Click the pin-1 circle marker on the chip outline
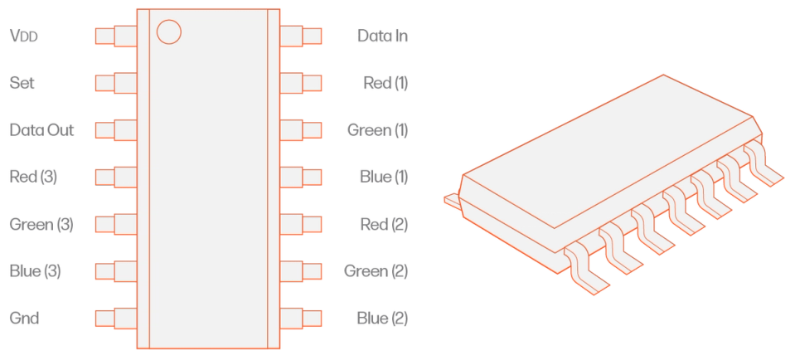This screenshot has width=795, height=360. [x=168, y=32]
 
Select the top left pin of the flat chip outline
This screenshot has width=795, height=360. [x=114, y=36]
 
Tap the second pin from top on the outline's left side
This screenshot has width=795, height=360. [x=114, y=83]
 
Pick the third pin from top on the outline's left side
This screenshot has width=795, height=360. [x=114, y=129]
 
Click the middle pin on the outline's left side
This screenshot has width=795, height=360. [x=114, y=177]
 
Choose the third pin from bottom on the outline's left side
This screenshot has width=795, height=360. [x=114, y=223]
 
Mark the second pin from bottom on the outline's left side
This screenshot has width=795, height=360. [x=114, y=270]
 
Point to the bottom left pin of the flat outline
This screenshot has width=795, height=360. [x=114, y=317]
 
